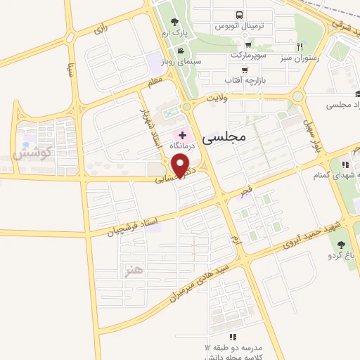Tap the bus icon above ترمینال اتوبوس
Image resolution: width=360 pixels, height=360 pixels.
tap(240, 15)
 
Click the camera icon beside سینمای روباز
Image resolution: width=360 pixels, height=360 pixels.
tap(181, 50)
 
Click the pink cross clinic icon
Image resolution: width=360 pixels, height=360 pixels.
tap(183, 134)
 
